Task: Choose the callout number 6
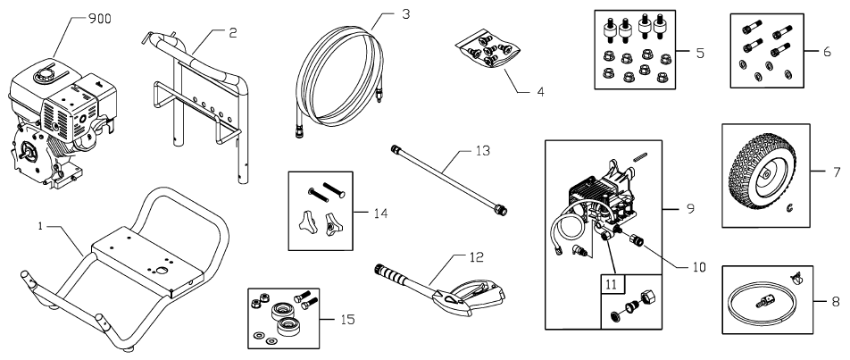(x=829, y=53)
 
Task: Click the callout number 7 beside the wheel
(x=835, y=170)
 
